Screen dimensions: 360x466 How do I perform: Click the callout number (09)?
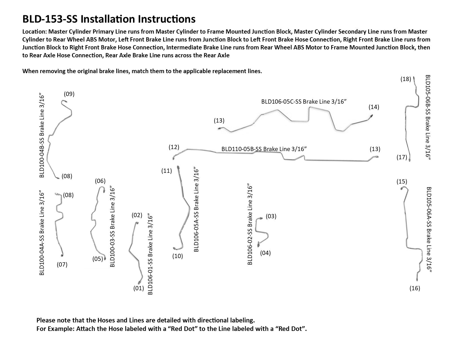tap(69, 94)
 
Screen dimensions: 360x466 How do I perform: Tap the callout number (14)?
tap(374, 107)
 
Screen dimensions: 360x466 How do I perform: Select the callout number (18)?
tap(406, 79)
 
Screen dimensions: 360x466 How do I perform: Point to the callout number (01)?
tap(139, 288)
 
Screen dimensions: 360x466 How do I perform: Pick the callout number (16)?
tap(415, 288)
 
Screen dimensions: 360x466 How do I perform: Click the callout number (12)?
tap(174, 147)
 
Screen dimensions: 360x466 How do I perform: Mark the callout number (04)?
tap(265, 253)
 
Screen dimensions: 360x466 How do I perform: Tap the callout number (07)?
tap(62, 265)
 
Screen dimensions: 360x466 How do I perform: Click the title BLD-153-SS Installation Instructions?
tap(109, 19)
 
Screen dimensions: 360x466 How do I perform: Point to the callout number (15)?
tap(402, 181)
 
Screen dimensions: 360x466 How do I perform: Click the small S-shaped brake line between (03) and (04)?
tap(262, 232)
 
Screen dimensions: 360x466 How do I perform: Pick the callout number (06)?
tap(100, 181)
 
